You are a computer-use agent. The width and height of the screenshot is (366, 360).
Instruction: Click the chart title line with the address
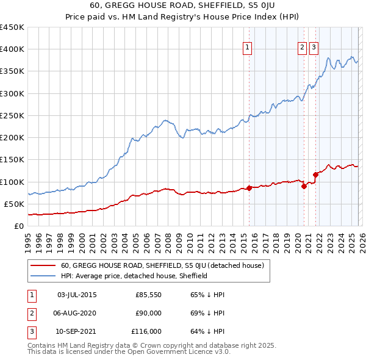183,7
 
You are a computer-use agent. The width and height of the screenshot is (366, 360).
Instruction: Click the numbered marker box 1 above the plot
248,49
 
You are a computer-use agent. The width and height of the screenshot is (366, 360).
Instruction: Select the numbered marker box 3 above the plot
314,49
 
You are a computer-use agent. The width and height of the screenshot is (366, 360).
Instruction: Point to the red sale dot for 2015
249,188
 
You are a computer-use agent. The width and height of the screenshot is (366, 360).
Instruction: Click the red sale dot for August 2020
304,186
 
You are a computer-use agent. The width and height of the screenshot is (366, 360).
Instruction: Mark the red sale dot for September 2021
315,175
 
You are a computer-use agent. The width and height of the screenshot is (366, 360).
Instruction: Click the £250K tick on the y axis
12,115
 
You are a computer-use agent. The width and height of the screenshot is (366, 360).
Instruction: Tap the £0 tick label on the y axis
18,226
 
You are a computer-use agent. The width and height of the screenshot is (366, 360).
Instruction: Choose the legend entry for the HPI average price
134,276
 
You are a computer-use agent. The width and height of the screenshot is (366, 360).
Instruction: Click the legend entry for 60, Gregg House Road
162,265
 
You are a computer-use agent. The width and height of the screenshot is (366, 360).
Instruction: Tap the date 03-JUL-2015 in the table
77,295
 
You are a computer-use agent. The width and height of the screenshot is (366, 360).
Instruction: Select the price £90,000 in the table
148,313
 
